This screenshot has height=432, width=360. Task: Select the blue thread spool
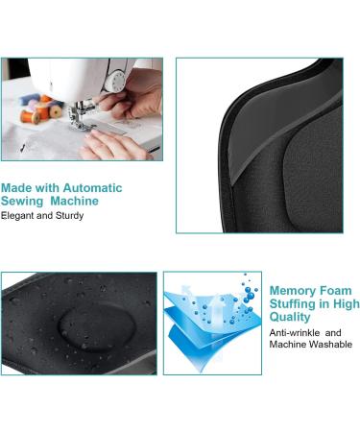coord(30,99)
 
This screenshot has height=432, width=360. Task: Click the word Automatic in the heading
coord(92,188)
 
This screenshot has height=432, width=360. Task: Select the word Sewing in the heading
coord(22,202)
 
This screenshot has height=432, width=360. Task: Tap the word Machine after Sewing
coord(74,201)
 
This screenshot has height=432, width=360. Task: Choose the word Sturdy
coord(69,216)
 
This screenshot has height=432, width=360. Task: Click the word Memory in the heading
coord(288,291)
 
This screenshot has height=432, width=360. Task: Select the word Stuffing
coord(291,304)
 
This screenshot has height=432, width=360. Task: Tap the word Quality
coord(290,317)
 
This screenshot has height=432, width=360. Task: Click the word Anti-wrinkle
coord(295,333)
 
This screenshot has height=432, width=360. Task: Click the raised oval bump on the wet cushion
coord(97,326)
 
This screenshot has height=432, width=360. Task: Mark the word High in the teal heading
coord(347,304)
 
